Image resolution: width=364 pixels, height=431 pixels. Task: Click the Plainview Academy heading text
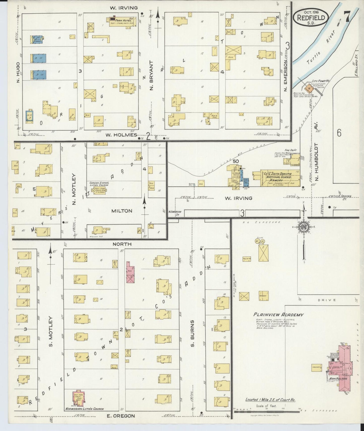(278, 315)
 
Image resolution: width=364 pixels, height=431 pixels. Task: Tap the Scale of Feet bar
(267, 411)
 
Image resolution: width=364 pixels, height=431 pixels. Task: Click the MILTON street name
(122, 211)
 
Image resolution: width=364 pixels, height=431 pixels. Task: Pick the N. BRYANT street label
(151, 75)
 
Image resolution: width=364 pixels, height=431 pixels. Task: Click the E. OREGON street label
(121, 416)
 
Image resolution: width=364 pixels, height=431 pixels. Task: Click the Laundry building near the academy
(317, 368)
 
